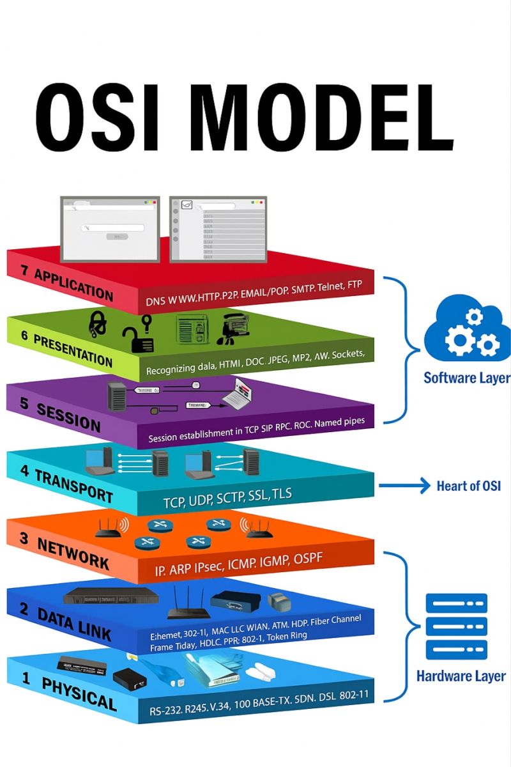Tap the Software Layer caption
point(467,378)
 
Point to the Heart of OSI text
point(468,486)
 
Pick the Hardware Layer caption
point(461,676)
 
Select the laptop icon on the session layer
point(236,392)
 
